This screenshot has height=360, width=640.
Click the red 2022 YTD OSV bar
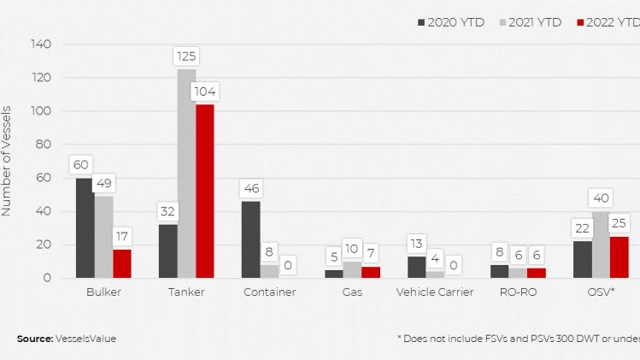coord(619,257)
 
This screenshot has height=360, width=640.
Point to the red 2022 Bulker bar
coord(122,263)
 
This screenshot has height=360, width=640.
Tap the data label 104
coord(205,91)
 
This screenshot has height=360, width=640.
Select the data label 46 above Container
coord(250,188)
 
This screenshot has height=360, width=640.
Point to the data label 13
coord(416,243)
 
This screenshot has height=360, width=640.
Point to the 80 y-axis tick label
coord(44,145)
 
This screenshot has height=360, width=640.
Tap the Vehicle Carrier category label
coord(434,292)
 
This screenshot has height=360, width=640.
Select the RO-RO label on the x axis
coord(519,292)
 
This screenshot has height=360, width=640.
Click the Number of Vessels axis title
coord(7,161)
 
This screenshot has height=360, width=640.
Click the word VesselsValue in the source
coord(86,339)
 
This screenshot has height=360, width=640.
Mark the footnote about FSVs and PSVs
coord(518,339)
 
